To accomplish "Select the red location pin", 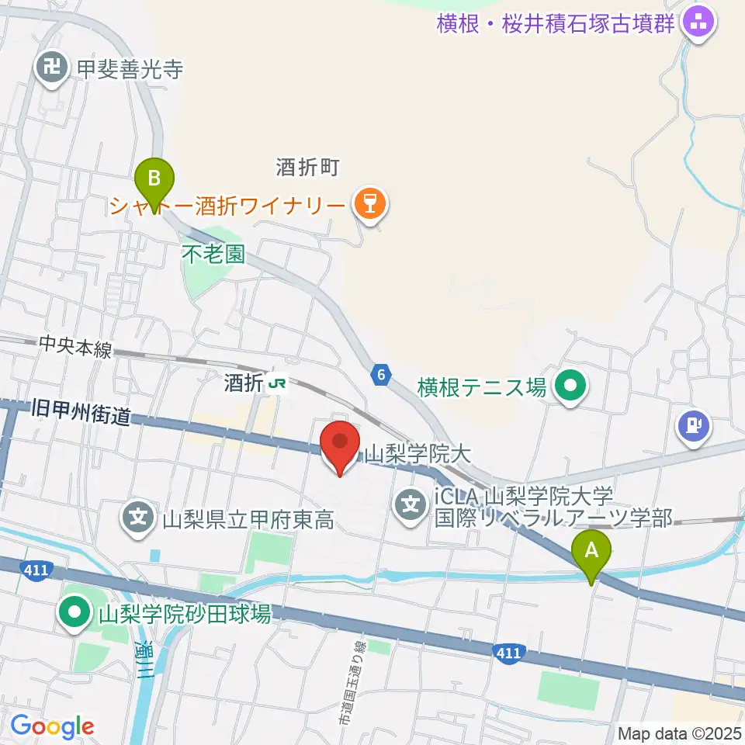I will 340,445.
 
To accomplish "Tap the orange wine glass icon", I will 369,205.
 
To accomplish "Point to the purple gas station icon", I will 693,426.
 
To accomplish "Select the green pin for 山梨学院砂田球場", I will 75,614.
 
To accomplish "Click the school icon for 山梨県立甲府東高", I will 140,518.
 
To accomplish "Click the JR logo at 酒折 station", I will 276,383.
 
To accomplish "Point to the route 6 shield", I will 379,374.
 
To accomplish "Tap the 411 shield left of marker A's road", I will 507,654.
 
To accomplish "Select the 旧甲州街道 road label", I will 81,413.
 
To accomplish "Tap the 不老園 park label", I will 213,255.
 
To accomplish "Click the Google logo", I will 52,727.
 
